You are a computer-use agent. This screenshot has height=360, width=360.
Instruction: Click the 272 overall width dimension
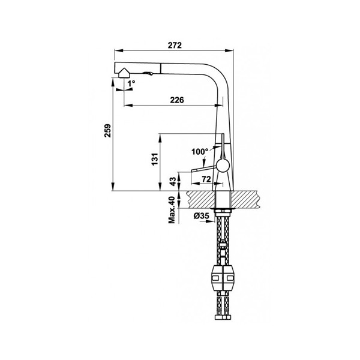tap(175, 45)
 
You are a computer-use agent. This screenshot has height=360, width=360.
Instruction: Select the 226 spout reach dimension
tap(177, 100)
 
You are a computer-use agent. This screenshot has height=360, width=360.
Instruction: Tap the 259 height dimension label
tap(107, 131)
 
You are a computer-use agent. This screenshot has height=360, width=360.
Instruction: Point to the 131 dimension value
tap(155, 159)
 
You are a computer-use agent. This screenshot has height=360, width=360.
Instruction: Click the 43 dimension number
tap(173, 182)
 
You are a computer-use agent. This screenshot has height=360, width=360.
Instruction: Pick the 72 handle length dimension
tap(206, 179)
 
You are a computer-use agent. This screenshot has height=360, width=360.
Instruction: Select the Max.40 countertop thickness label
tap(172, 210)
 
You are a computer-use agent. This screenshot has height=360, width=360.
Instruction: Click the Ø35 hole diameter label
tap(201, 216)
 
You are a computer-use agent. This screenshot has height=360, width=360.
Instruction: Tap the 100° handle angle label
tap(200, 152)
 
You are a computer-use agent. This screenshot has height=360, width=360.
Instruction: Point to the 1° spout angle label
tap(131, 83)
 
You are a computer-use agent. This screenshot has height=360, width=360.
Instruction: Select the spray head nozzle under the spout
tap(124, 73)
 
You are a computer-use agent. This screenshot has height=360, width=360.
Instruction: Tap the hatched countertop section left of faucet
tap(201, 200)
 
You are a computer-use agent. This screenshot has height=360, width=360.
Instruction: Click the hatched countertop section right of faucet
tap(245, 200)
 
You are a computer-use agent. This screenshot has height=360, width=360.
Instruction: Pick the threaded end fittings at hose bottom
tap(223, 317)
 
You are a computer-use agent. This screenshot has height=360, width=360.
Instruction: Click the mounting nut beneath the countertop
tap(223, 211)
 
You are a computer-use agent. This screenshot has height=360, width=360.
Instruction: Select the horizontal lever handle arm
tap(204, 169)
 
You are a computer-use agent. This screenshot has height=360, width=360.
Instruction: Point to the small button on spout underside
tap(148, 73)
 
